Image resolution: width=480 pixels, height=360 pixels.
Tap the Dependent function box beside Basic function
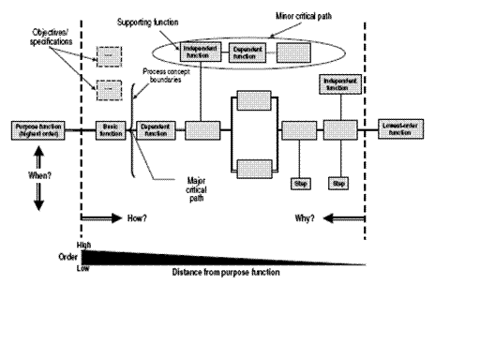(157, 129)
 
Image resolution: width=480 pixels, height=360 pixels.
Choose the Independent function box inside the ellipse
(201, 52)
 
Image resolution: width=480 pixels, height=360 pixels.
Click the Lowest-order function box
(402, 129)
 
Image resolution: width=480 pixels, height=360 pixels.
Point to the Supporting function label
(151, 21)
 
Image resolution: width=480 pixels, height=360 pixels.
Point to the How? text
(138, 217)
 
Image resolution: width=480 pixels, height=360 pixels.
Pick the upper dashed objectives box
(109, 56)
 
